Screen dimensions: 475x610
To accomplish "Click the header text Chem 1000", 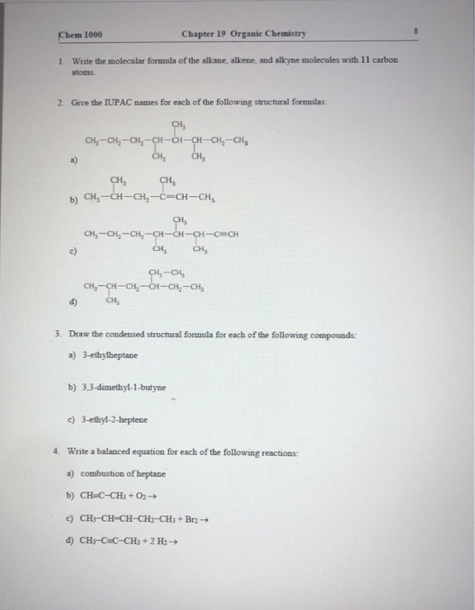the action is [81, 34].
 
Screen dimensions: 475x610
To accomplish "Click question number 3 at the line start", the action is [55, 335].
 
